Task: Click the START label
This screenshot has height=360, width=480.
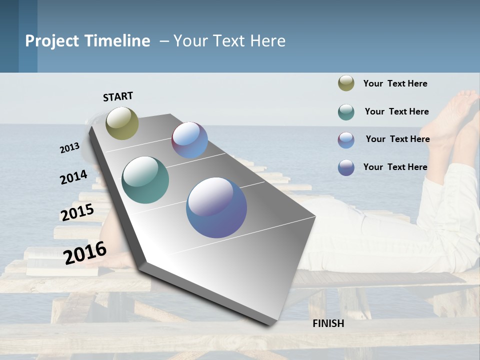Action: pyautogui.click(x=118, y=96)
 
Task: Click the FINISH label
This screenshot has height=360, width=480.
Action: pyautogui.click(x=328, y=323)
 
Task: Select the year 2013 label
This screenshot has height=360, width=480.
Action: pyautogui.click(x=69, y=148)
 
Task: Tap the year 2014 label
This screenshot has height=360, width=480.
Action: pyautogui.click(x=73, y=177)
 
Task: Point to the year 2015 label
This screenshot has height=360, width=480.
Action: pyautogui.click(x=77, y=212)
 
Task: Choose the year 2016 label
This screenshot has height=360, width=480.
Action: pyautogui.click(x=85, y=253)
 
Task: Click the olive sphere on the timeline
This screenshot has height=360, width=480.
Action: pyautogui.click(x=122, y=123)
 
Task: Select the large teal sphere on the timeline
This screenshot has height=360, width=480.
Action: pyautogui.click(x=145, y=180)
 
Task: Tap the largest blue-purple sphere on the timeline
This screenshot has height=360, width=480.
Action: pyautogui.click(x=216, y=207)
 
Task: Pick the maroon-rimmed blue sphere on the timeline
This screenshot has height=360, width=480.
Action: pyautogui.click(x=189, y=140)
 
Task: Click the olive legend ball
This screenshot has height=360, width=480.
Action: pyautogui.click(x=346, y=83)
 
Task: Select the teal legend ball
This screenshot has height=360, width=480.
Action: pyautogui.click(x=346, y=112)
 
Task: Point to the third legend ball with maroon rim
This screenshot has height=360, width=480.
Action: pyautogui.click(x=346, y=140)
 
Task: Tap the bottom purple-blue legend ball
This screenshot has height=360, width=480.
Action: pyautogui.click(x=346, y=167)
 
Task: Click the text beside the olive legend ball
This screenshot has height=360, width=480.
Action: pyautogui.click(x=395, y=83)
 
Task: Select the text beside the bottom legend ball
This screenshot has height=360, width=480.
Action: pyautogui.click(x=395, y=167)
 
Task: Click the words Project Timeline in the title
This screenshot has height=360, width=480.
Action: pyautogui.click(x=87, y=41)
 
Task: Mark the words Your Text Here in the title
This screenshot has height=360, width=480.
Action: pyautogui.click(x=229, y=41)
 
